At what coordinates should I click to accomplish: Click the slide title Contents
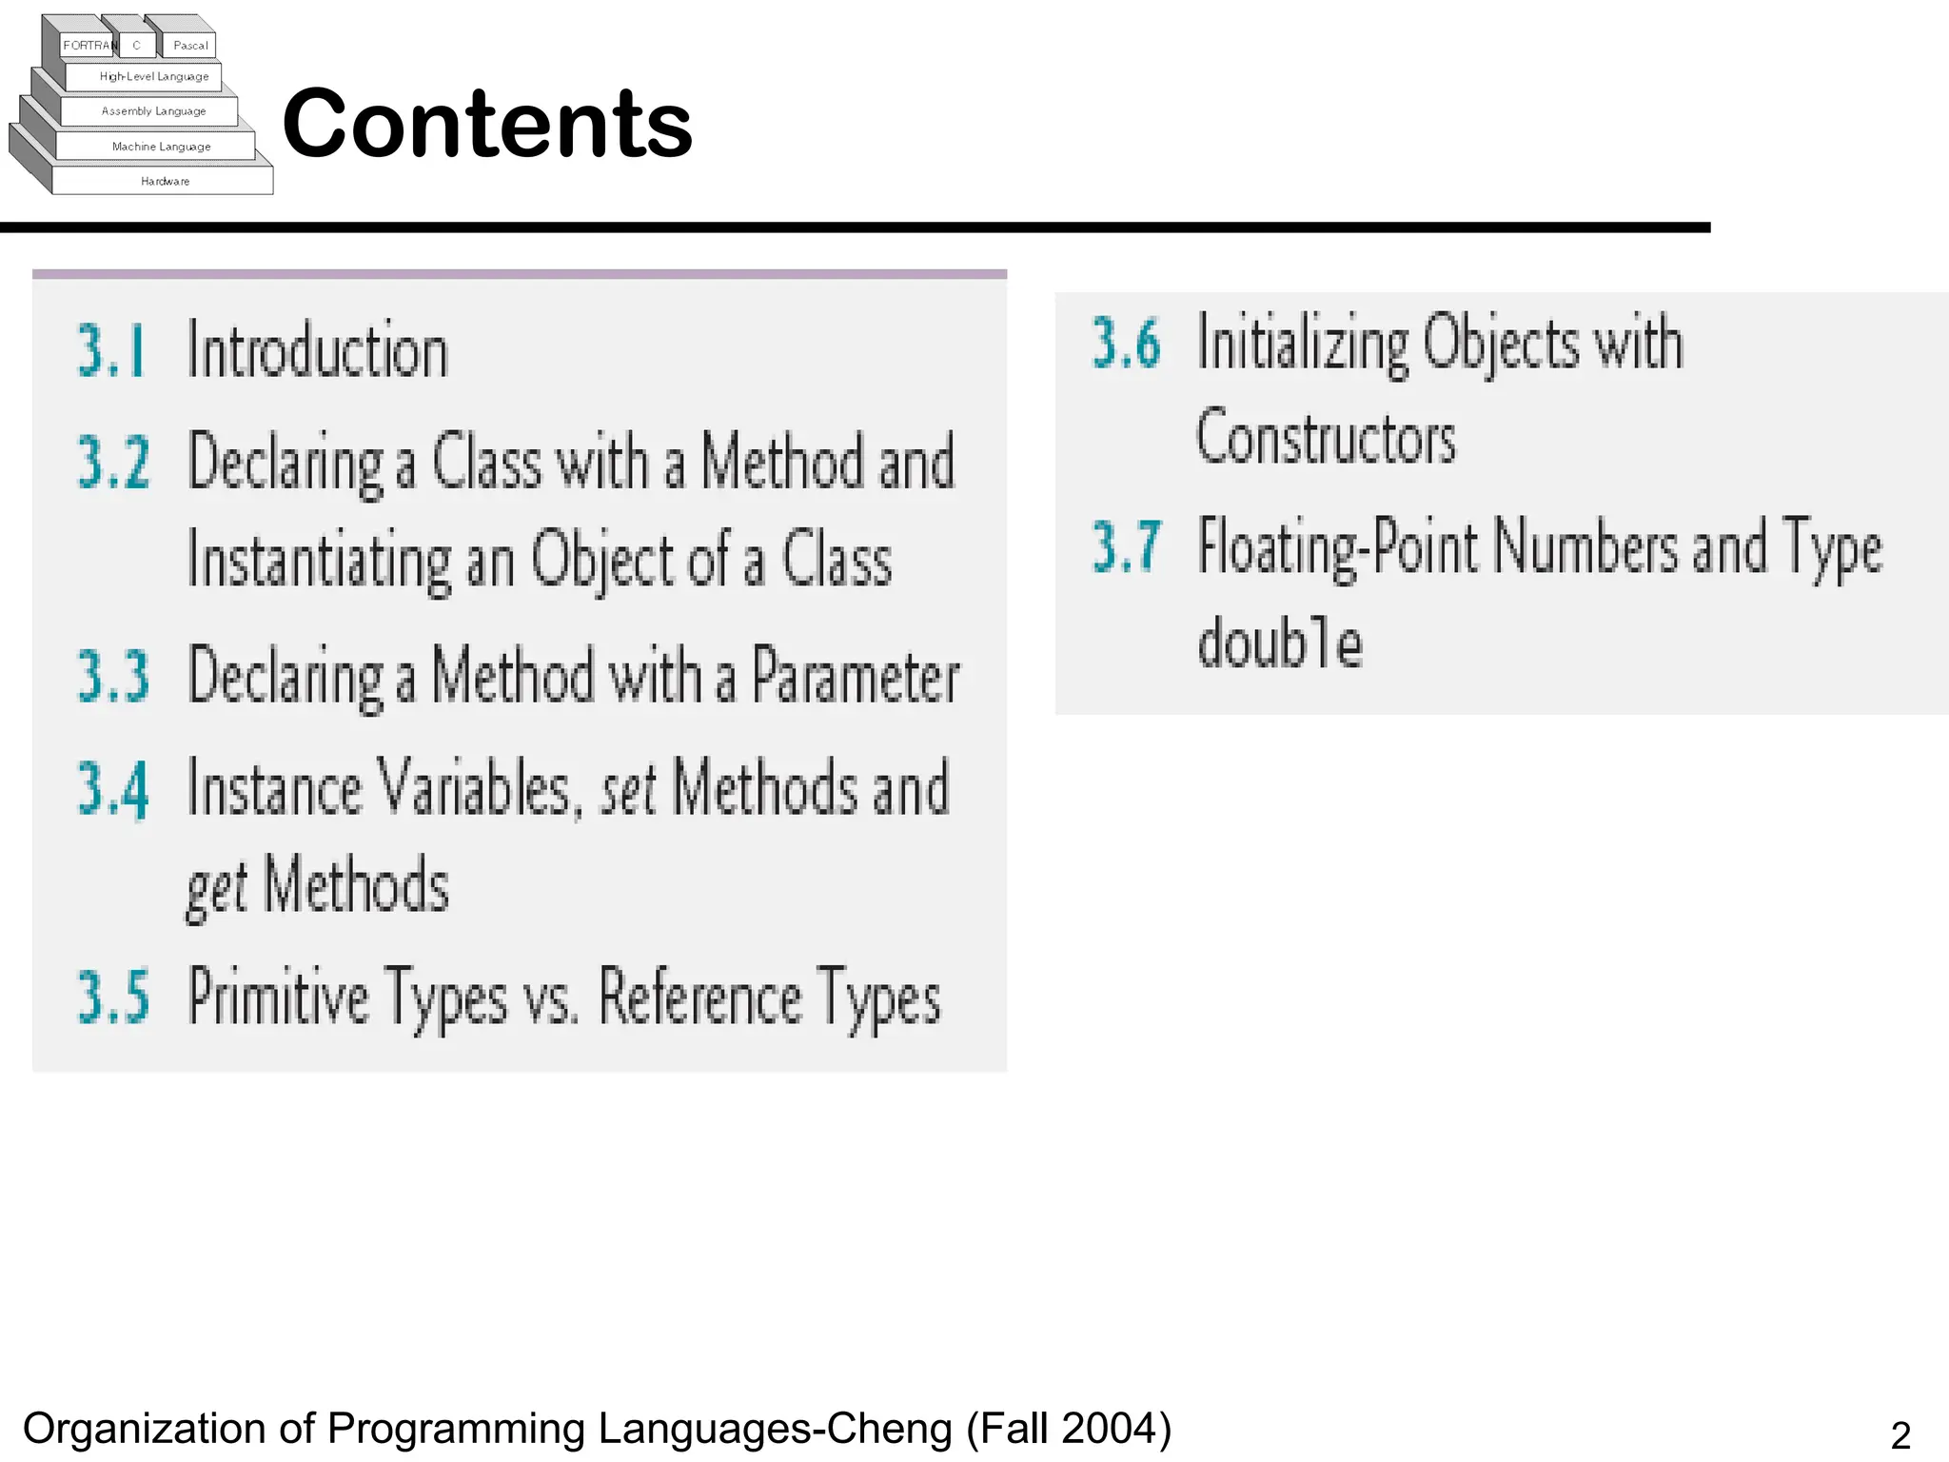click(487, 124)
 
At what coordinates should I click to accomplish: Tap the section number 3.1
click(111, 350)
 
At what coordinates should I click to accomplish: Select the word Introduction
click(318, 350)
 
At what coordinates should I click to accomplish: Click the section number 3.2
click(113, 462)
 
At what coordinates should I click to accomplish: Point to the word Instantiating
click(319, 561)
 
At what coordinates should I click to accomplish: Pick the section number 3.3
click(113, 676)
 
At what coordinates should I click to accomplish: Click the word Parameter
click(856, 676)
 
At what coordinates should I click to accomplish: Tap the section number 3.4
click(113, 788)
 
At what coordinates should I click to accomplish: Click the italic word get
click(217, 888)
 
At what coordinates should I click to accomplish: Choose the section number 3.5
click(113, 997)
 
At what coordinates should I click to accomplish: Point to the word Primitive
click(278, 997)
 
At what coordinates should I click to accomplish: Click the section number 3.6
click(1126, 343)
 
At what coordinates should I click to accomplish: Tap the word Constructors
click(1326, 439)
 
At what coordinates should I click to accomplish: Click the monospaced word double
click(1280, 642)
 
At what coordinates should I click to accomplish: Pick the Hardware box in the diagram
click(165, 181)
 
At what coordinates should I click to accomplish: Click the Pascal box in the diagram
click(190, 45)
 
